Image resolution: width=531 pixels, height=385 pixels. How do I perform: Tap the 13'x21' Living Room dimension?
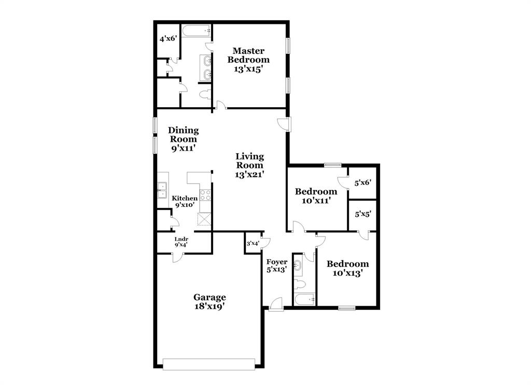pyautogui.click(x=250, y=174)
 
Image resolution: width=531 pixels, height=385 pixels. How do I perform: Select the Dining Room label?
pyautogui.click(x=184, y=135)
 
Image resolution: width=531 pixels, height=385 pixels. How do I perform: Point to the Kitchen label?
pyautogui.click(x=185, y=198)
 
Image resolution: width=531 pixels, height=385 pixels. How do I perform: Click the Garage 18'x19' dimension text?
pyautogui.click(x=209, y=306)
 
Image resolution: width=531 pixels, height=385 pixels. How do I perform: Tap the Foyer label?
pyautogui.click(x=276, y=262)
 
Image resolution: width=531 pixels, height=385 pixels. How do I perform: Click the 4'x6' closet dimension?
pyautogui.click(x=167, y=39)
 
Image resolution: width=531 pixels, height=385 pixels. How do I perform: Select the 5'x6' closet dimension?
pyautogui.click(x=362, y=183)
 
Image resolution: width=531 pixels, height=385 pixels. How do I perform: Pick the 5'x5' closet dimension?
pyautogui.click(x=362, y=213)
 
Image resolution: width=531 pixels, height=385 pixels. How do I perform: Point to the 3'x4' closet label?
pyautogui.click(x=253, y=243)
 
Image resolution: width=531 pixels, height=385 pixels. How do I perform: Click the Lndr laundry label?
pyautogui.click(x=181, y=239)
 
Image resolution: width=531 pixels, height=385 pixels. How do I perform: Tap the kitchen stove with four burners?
pyautogui.click(x=205, y=195)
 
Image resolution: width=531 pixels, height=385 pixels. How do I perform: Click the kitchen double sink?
pyautogui.click(x=162, y=190)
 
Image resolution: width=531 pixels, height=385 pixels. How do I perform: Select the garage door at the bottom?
pyautogui.click(x=209, y=364)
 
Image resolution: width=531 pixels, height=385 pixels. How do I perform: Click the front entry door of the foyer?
pyautogui.click(x=276, y=305)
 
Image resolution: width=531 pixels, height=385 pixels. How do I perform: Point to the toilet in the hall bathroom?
pyautogui.click(x=300, y=284)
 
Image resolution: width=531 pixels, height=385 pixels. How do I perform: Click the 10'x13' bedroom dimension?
pyautogui.click(x=347, y=273)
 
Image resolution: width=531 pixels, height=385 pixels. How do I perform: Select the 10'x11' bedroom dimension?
pyautogui.click(x=316, y=200)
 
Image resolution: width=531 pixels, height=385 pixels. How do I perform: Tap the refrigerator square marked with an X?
pyautogui.click(x=205, y=220)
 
